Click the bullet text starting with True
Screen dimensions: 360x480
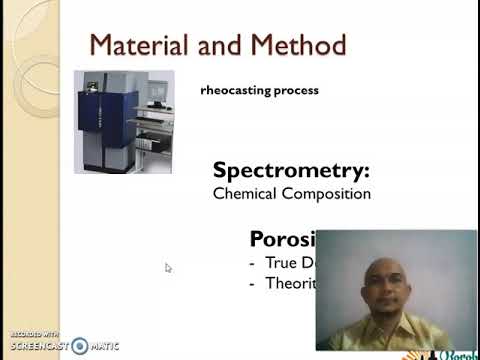tap(290, 263)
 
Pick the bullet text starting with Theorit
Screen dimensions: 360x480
tap(290, 283)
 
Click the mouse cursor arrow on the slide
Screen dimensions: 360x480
tap(168, 267)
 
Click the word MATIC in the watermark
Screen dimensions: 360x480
tap(105, 345)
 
